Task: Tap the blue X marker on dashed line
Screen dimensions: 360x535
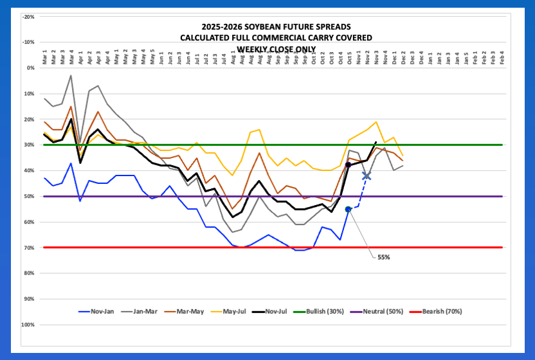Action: [367, 175]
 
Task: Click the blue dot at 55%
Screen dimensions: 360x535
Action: [349, 209]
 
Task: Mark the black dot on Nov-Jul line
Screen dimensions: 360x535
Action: [349, 165]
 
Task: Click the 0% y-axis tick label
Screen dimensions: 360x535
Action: [30, 67]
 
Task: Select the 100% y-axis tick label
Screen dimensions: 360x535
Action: [28, 325]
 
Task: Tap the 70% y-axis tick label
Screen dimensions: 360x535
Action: [30, 248]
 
